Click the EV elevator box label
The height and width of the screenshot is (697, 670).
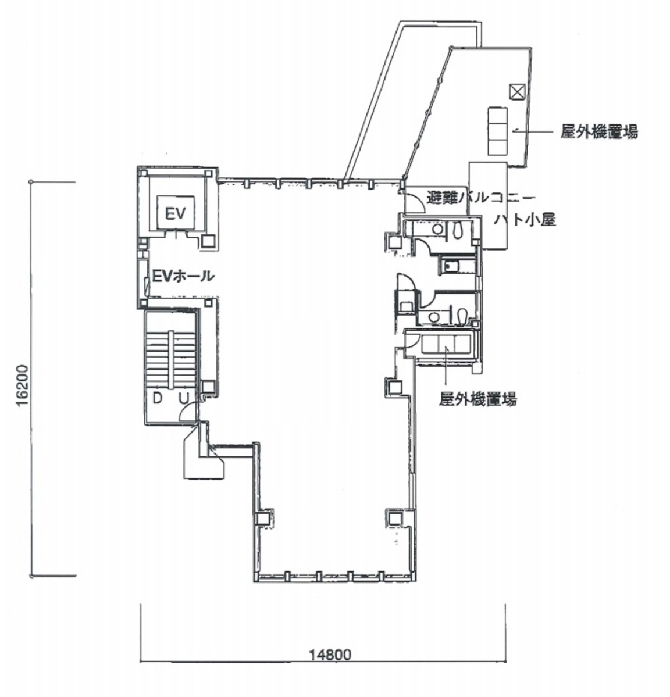point(174,214)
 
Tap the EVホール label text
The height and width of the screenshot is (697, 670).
point(183,276)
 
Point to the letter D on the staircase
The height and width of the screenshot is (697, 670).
point(157,398)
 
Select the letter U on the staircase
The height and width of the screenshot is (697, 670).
point(183,398)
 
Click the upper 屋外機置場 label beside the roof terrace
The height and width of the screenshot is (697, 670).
point(598,133)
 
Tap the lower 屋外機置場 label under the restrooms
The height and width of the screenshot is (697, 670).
point(477,400)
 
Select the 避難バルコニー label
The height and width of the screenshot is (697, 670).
point(476,197)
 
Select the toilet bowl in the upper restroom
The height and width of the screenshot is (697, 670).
point(457,230)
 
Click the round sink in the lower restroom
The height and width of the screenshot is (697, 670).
point(433,317)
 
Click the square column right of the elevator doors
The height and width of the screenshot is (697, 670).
point(208,241)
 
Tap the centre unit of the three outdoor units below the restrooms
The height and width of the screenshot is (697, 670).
point(446,344)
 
